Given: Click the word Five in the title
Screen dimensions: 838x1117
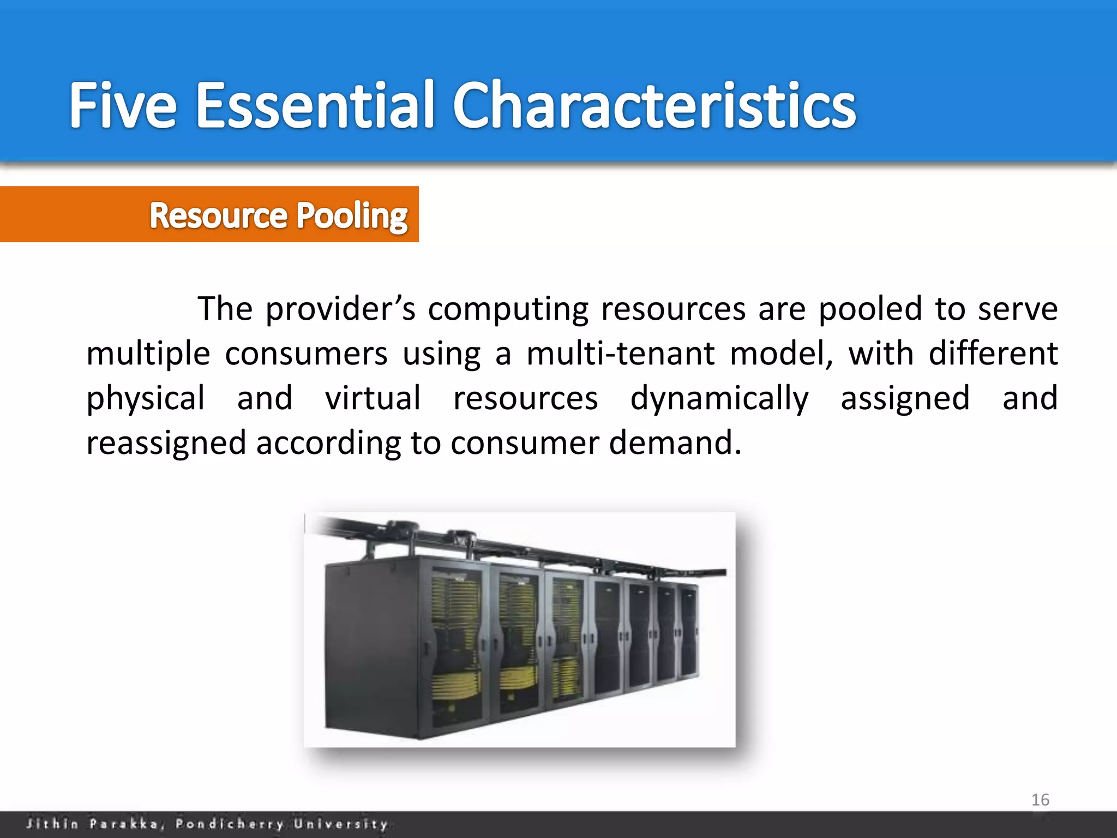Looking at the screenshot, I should click(x=123, y=105).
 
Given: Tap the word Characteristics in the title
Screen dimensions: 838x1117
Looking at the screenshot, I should click(x=654, y=105).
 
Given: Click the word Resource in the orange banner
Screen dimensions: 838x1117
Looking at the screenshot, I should click(x=218, y=216).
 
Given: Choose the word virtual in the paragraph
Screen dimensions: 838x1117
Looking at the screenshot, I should click(x=373, y=398).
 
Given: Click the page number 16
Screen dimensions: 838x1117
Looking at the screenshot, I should click(x=1040, y=800).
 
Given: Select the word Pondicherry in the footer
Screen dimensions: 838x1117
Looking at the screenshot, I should click(x=230, y=824).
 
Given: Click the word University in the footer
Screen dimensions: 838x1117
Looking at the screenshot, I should click(x=341, y=824).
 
